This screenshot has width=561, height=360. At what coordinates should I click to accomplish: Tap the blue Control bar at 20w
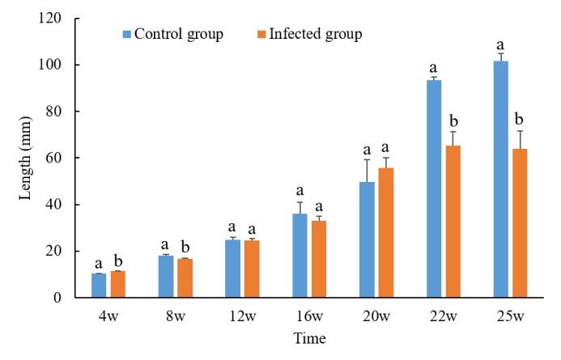(367, 239)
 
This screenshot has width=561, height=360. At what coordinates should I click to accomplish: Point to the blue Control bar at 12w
(232, 269)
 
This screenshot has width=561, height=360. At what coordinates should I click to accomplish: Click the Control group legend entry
(171, 34)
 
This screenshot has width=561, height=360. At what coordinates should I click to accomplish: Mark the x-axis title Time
(310, 337)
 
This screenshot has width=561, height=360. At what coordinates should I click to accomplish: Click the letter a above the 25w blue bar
(500, 45)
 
